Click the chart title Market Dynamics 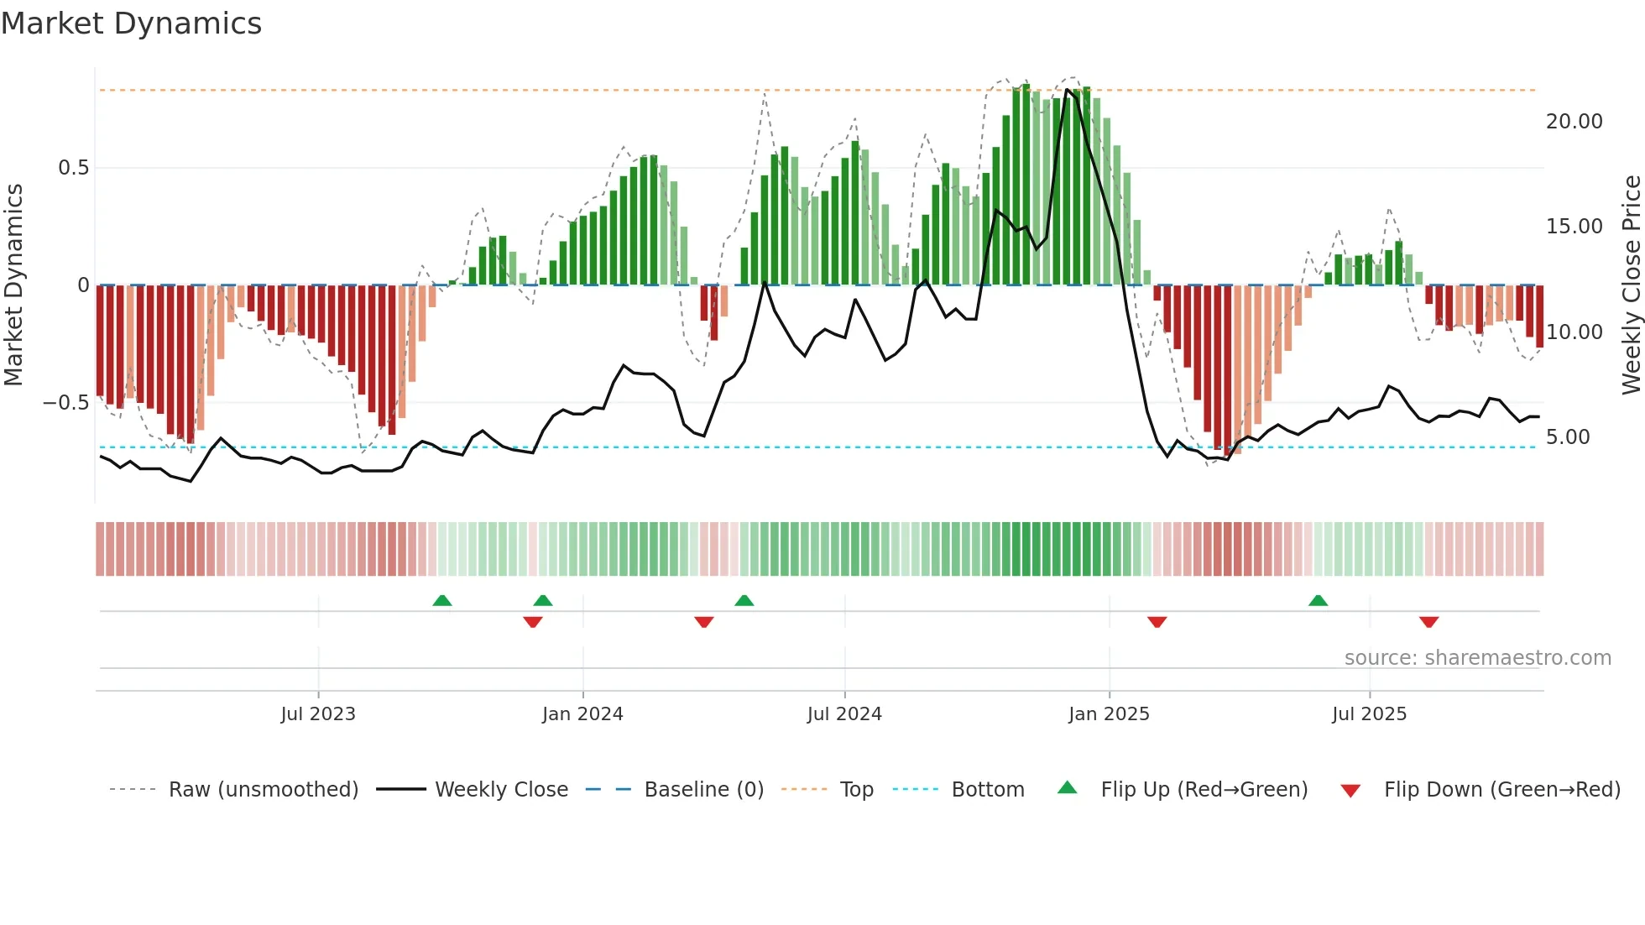(131, 24)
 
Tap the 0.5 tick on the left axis (73, 168)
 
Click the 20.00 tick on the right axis (1574, 122)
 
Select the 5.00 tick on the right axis (1567, 437)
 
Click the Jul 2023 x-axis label (318, 714)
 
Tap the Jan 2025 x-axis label (1109, 714)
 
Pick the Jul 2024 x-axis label (844, 714)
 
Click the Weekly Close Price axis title (1631, 285)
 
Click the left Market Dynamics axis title (13, 285)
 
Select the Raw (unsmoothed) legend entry (263, 790)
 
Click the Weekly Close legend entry (501, 790)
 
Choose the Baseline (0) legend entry (703, 790)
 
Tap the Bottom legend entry (987, 790)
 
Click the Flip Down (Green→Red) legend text (1501, 790)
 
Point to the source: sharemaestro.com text (1477, 658)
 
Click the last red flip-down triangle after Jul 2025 (1428, 622)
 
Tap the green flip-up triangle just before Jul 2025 (1318, 600)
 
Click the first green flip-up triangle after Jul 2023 (441, 600)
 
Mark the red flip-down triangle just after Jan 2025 (1157, 622)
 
